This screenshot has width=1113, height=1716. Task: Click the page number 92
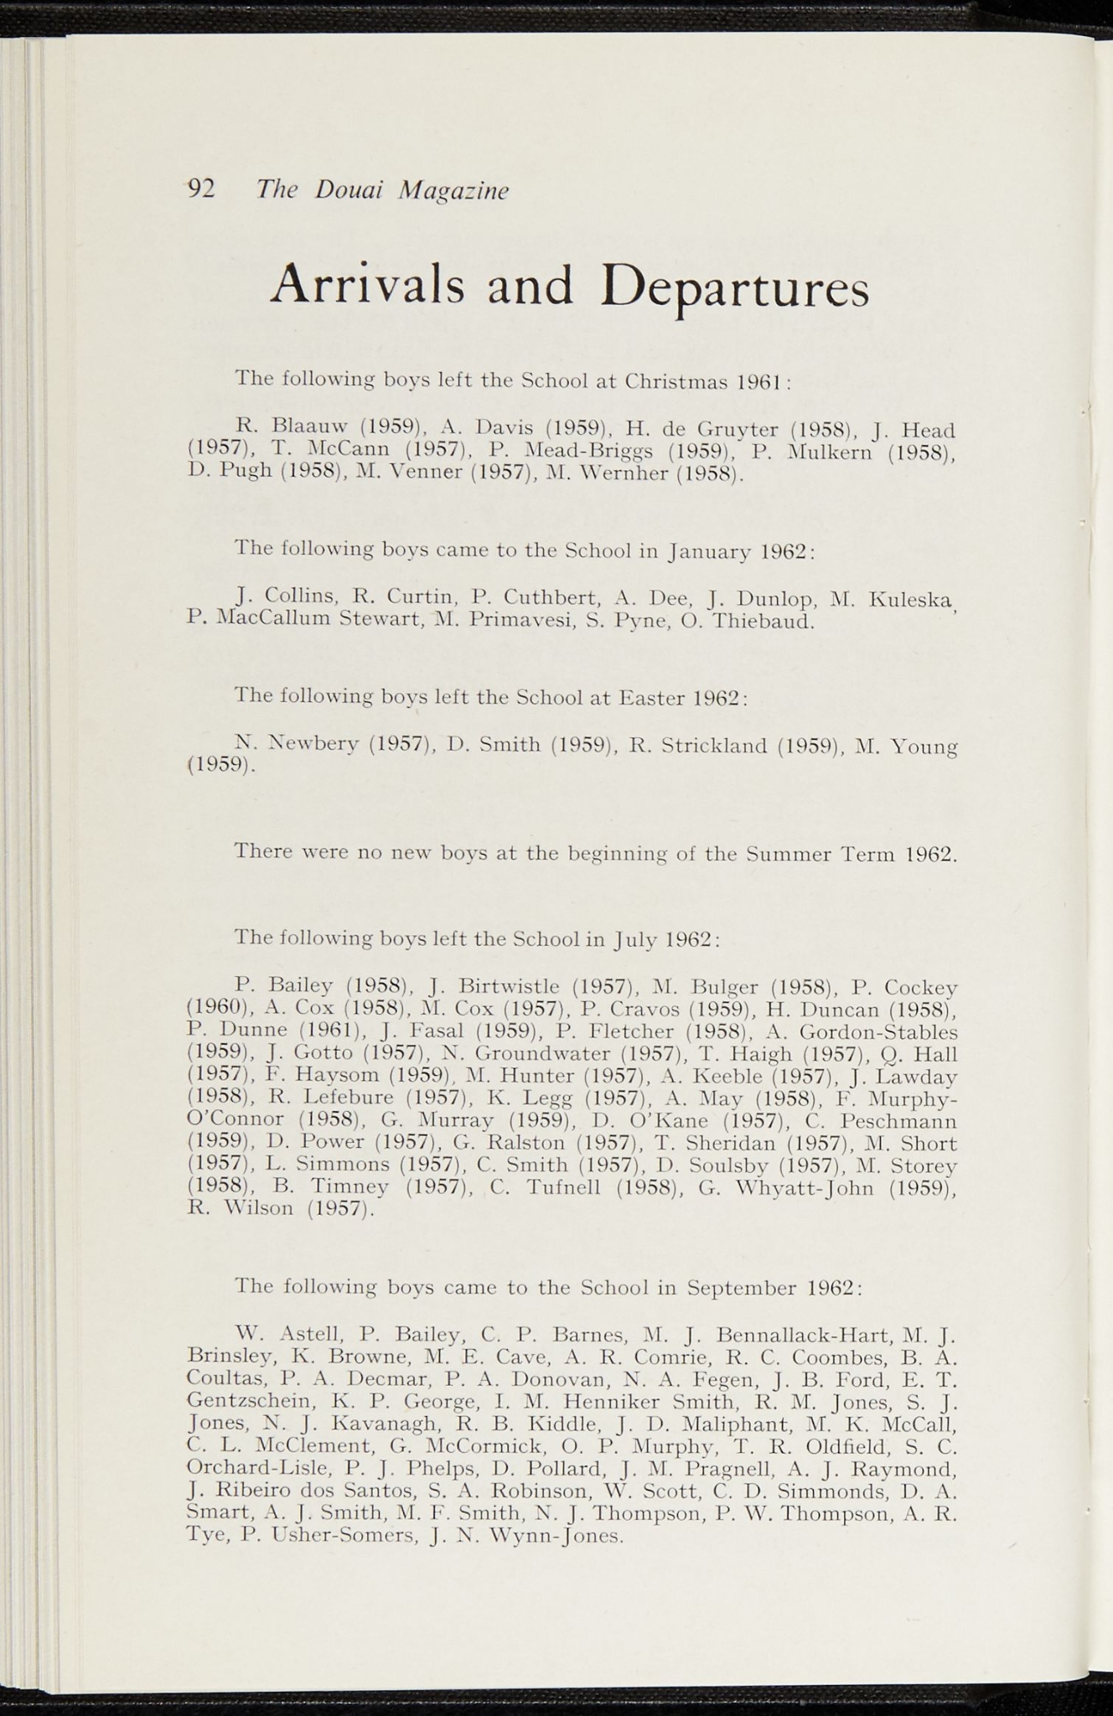pos(202,190)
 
